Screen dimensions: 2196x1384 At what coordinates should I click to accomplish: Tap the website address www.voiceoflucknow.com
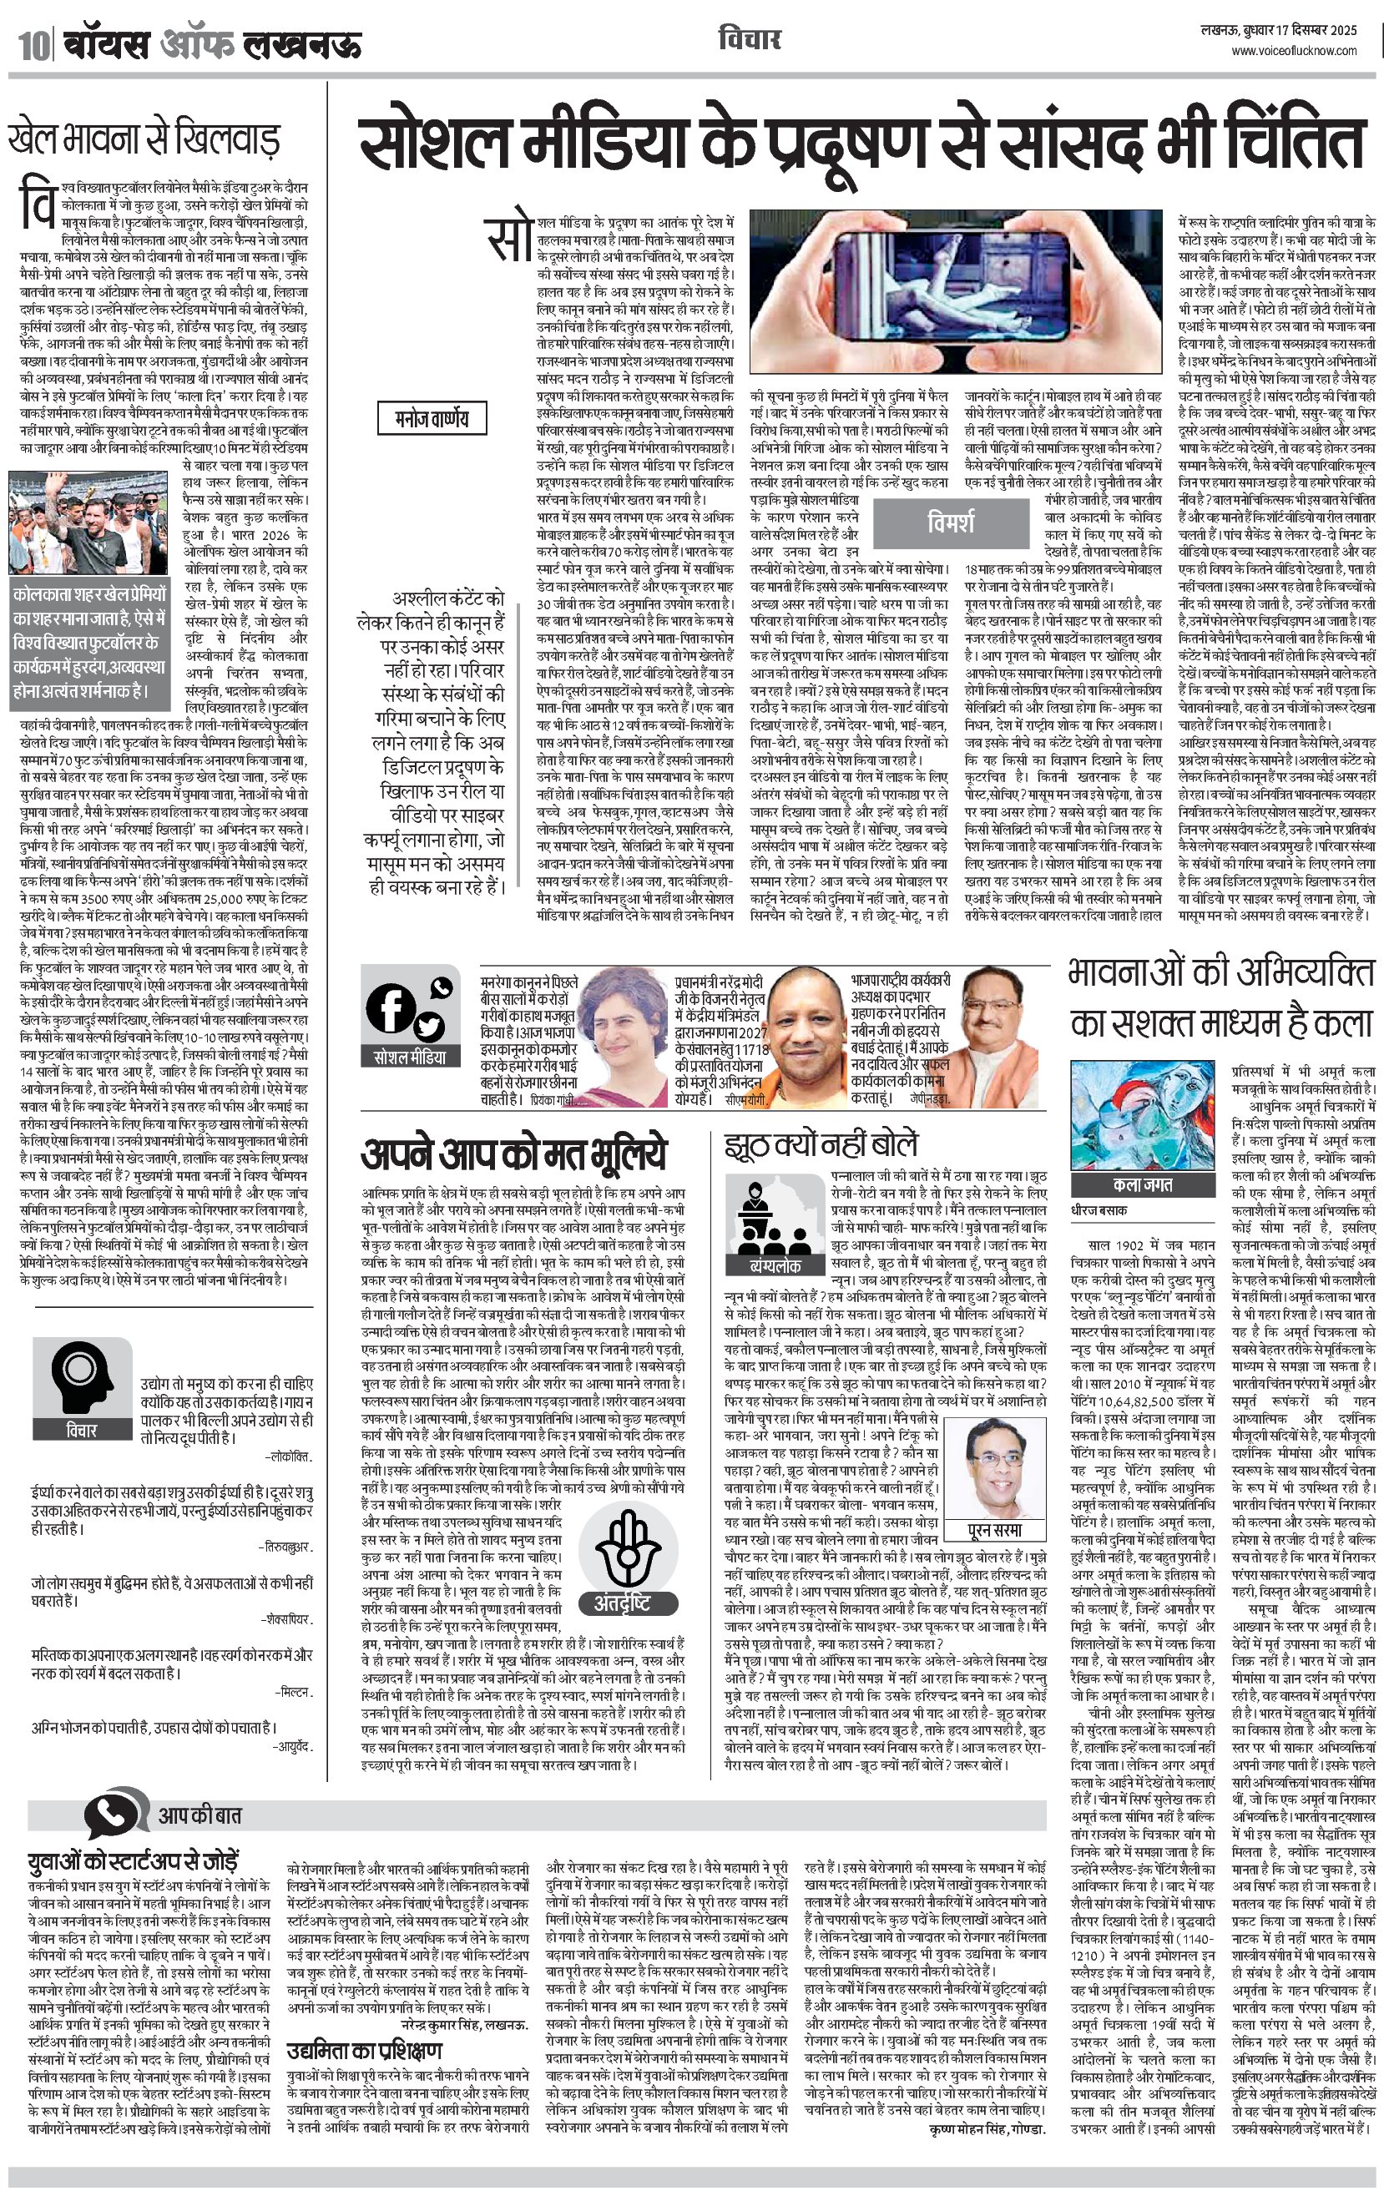(1295, 52)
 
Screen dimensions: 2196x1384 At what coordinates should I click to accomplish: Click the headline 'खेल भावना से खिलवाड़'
(144, 139)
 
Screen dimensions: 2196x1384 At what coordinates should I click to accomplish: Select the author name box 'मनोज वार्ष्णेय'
(432, 419)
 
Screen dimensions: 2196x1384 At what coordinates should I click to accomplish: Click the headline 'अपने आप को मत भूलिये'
(514, 1154)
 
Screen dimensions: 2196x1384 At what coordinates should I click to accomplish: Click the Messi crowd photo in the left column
(68, 522)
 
